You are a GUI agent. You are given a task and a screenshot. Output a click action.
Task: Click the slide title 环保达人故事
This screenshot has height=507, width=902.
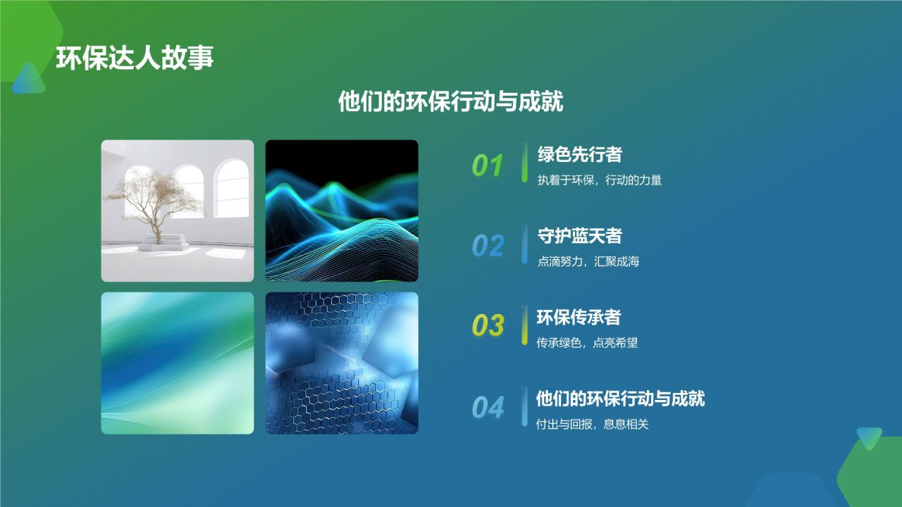click(135, 58)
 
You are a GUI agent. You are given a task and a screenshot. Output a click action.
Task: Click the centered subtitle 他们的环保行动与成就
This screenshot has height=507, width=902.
click(451, 101)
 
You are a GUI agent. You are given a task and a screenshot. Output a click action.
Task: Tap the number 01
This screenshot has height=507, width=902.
click(488, 165)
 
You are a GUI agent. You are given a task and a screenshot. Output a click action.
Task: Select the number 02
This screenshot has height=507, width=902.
click(488, 246)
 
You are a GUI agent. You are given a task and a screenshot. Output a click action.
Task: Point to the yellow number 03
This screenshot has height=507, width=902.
click(488, 326)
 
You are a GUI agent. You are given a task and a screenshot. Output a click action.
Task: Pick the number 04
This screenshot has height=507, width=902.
click(488, 408)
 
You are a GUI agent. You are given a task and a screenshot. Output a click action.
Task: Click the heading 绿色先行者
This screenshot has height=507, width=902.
click(579, 154)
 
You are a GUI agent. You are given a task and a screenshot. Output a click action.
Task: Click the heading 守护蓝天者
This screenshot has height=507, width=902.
click(579, 236)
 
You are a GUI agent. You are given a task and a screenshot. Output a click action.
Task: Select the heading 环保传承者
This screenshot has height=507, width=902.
click(579, 318)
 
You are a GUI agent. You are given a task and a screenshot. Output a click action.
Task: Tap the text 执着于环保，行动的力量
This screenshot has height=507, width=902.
click(600, 180)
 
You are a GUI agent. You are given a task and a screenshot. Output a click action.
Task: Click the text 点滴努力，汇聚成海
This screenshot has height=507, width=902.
click(588, 262)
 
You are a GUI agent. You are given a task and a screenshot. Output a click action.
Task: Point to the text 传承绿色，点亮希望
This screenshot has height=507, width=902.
click(587, 344)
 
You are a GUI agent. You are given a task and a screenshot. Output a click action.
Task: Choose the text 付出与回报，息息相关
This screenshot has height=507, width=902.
click(592, 425)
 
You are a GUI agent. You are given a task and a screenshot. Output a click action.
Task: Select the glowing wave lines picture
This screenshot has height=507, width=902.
click(342, 211)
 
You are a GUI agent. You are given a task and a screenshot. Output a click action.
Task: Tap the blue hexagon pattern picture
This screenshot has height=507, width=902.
click(342, 363)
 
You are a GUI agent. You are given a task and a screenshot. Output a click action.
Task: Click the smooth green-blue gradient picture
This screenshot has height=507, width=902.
click(178, 363)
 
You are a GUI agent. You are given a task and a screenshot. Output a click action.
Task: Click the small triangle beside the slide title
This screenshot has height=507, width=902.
click(28, 79)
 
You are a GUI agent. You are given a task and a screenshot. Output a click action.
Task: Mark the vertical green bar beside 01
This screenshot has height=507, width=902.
click(524, 162)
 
